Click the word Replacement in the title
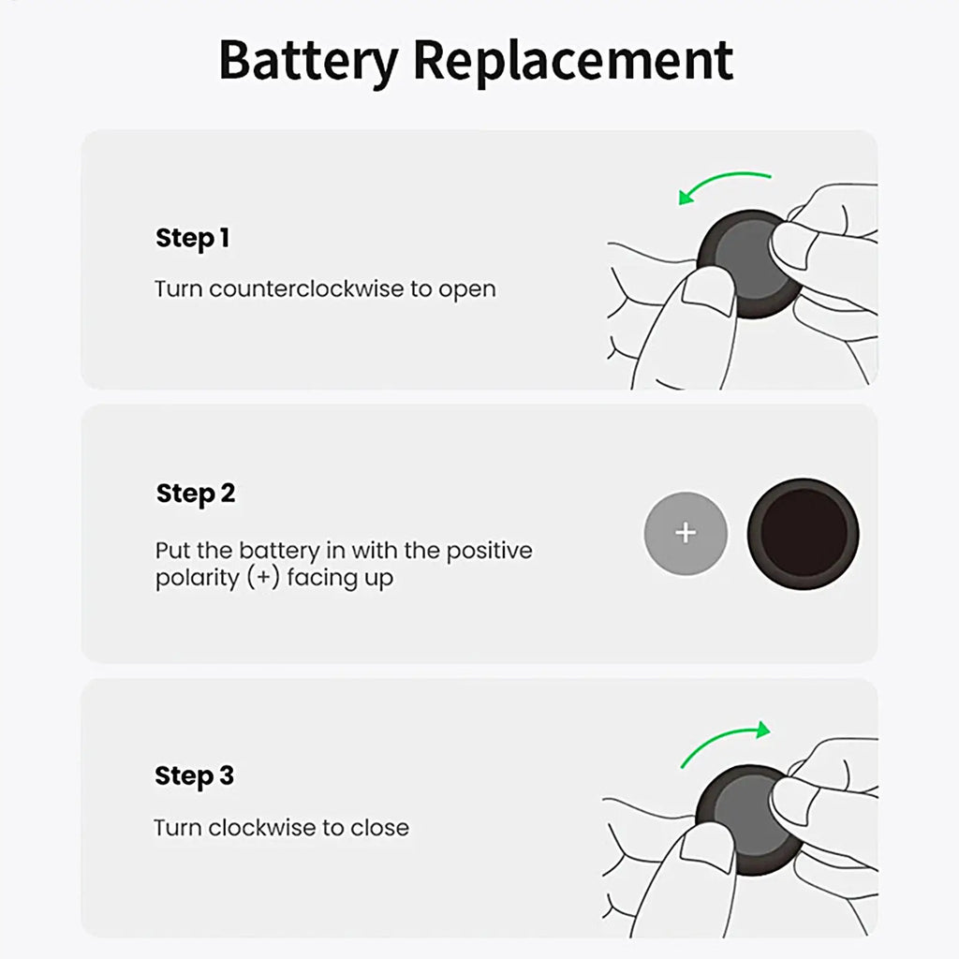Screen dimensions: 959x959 pyautogui.click(x=573, y=62)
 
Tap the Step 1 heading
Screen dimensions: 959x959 pyautogui.click(x=192, y=239)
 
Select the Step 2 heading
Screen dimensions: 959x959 pyautogui.click(x=195, y=494)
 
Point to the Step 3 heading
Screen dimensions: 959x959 pyautogui.click(x=194, y=776)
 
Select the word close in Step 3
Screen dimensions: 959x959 pyautogui.click(x=379, y=828)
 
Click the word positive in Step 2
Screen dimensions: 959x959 pyautogui.click(x=488, y=550)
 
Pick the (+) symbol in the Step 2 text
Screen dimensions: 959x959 pyautogui.click(x=264, y=578)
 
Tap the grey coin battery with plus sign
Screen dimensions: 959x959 pyautogui.click(x=686, y=534)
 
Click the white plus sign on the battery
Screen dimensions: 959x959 pyautogui.click(x=686, y=533)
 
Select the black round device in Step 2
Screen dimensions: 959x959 pyautogui.click(x=803, y=534)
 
